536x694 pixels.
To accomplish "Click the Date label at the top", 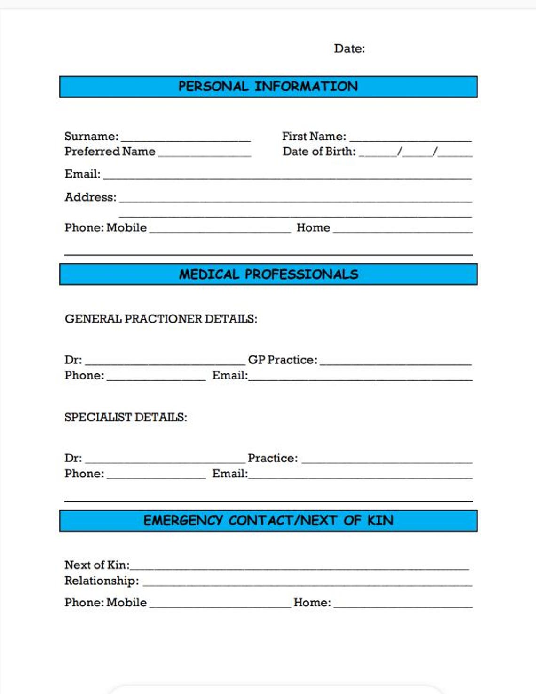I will (x=349, y=48).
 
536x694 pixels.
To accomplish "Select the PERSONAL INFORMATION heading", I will (x=268, y=87).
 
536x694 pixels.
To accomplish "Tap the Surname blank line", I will (x=186, y=139).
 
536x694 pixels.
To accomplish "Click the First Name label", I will (x=314, y=137).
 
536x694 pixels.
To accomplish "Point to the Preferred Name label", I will (x=110, y=152).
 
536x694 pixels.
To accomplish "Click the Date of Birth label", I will (x=319, y=152).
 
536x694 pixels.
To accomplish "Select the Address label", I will (x=90, y=197).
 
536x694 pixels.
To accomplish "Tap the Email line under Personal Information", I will (x=287, y=178).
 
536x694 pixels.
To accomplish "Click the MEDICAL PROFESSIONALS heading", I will (x=268, y=274).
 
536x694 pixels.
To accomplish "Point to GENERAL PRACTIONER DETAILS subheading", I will (x=161, y=319).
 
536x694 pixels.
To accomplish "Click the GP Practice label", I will (x=283, y=360).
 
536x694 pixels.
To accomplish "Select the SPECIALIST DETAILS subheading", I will (x=126, y=417).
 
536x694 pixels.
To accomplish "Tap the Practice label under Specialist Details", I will (x=273, y=458).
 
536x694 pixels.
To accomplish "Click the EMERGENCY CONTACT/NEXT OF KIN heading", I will (x=268, y=521).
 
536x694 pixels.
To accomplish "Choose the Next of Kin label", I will (x=97, y=565).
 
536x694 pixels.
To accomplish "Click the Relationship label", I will (x=102, y=581).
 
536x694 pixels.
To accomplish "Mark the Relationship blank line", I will (x=307, y=584).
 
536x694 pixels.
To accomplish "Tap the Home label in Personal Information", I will (x=313, y=228).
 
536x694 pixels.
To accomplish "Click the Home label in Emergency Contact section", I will (x=312, y=603).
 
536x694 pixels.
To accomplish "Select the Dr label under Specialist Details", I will (x=73, y=458).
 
